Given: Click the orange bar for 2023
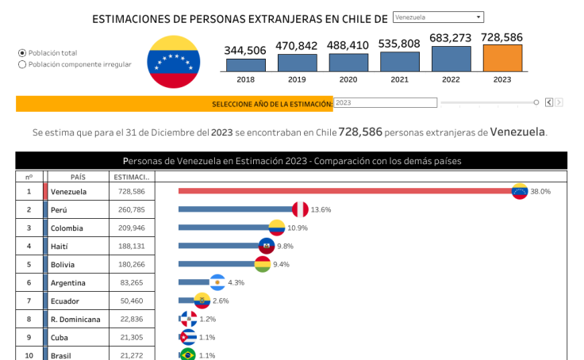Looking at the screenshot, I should pos(502,59).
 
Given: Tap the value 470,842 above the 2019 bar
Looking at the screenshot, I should pos(297,46).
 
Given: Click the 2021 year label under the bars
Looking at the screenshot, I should pos(399,79).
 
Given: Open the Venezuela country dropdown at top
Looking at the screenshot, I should pos(438,17).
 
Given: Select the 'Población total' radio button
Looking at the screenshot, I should pos(22,53).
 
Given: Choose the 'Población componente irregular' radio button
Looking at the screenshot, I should pos(22,65).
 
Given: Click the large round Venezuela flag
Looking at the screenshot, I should pos(173,62).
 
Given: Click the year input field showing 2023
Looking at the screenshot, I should pos(385,102).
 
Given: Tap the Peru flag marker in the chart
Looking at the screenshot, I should pos(300,209).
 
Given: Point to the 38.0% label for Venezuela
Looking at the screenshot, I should pos(540,191).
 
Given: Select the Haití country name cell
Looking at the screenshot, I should pos(78,247).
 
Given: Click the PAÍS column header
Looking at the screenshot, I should pos(78,177).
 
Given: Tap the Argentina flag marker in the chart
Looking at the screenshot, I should pos(217,282).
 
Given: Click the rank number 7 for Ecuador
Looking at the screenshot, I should pos(29,301).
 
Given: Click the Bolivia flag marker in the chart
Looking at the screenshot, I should pos(263,264).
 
